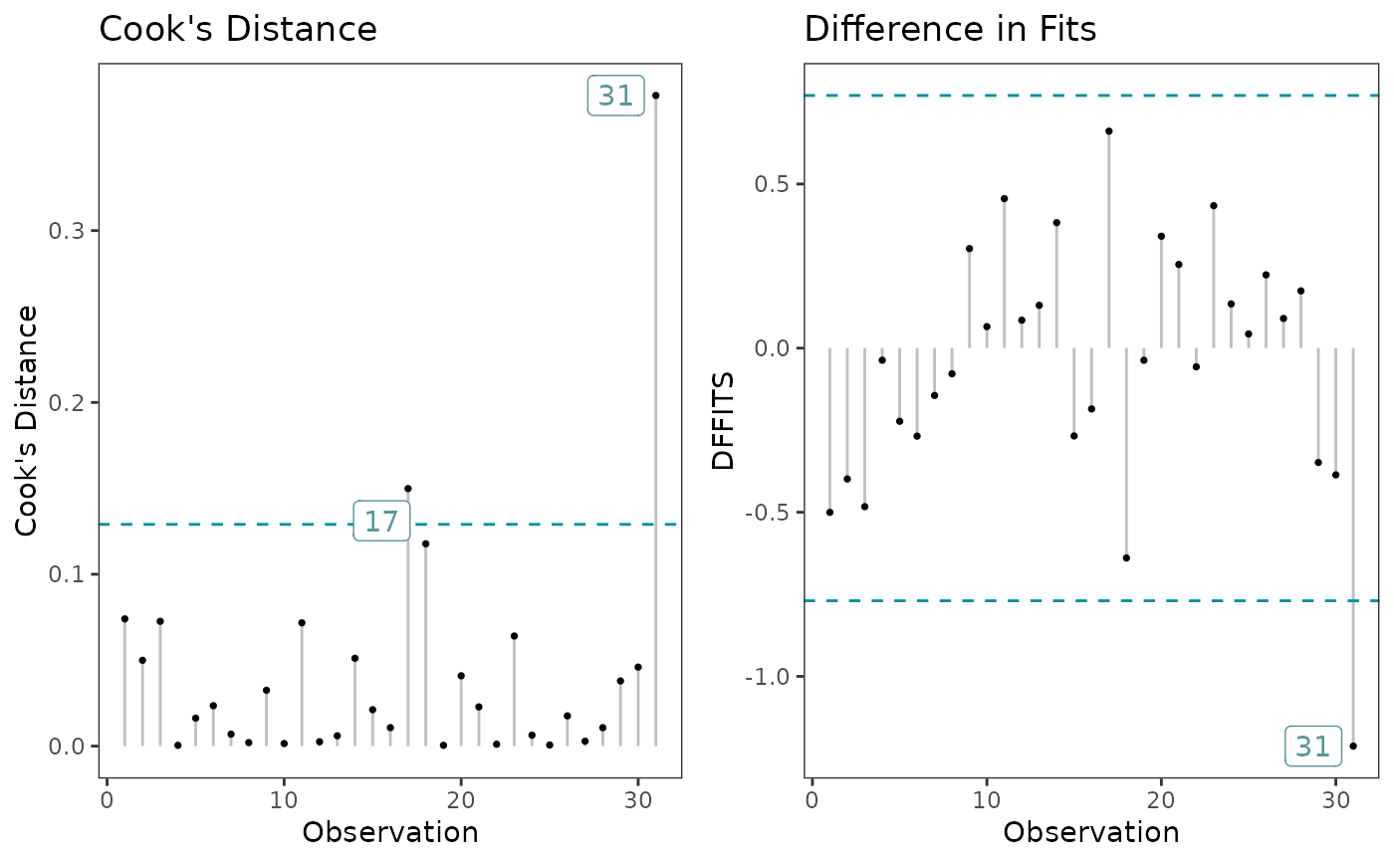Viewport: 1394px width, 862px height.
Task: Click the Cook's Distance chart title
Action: tap(238, 30)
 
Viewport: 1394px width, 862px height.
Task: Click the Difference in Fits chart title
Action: tap(950, 30)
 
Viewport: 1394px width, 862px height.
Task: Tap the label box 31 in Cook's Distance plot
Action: tap(615, 96)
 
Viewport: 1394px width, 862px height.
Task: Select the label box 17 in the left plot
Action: tap(381, 522)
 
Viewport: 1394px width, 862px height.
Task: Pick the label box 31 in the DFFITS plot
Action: tap(1312, 746)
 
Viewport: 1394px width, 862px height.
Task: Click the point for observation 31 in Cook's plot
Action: tap(655, 96)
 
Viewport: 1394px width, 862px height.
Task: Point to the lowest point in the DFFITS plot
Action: tap(1353, 746)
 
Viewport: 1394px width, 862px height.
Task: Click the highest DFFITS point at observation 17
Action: tap(1108, 130)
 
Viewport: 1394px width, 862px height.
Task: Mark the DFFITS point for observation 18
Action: tap(1126, 557)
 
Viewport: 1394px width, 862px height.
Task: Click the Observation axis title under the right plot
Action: tap(1091, 832)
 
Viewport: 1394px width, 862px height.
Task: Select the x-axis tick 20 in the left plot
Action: tap(461, 799)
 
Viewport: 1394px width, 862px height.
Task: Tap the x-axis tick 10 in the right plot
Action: tap(987, 799)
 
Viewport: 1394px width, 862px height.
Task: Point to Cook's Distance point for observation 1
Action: tap(124, 618)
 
